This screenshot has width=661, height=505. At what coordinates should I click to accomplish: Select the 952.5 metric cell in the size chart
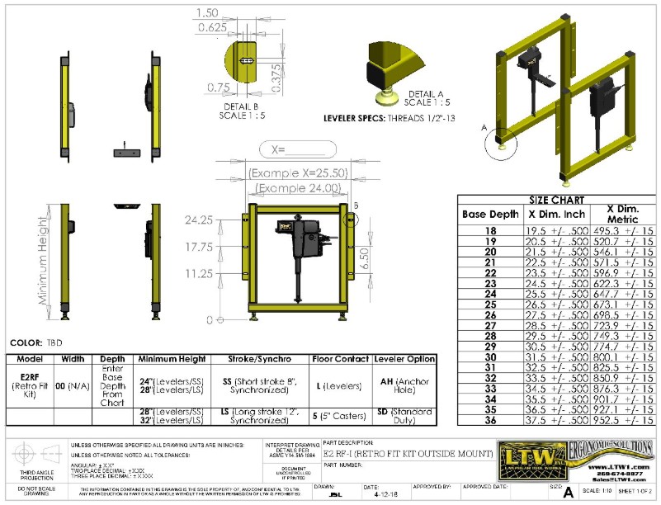(x=609, y=419)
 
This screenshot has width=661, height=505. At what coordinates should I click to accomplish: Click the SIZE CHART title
(x=557, y=200)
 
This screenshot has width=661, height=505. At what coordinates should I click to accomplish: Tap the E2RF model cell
(x=29, y=386)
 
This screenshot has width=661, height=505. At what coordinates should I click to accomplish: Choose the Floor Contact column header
(x=341, y=360)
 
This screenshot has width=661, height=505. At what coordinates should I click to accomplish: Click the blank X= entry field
(x=295, y=150)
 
